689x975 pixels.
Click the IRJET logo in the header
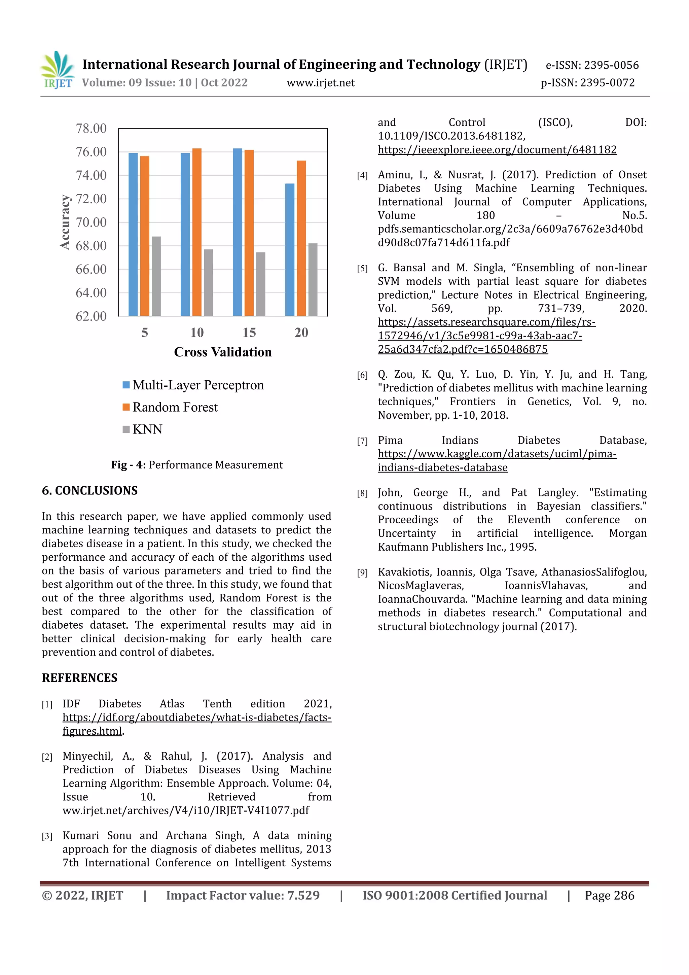[x=58, y=70]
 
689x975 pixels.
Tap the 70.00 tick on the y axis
[x=91, y=222]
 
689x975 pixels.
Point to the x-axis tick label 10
[x=196, y=333]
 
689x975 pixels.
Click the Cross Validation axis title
[x=222, y=352]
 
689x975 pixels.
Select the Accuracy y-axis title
[x=65, y=222]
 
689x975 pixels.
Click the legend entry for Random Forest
[x=175, y=407]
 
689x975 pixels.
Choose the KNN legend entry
[x=147, y=429]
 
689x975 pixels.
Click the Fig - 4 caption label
[x=128, y=465]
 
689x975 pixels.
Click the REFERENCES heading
[x=79, y=678]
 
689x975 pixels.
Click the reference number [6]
[x=362, y=375]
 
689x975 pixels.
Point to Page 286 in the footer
[x=609, y=896]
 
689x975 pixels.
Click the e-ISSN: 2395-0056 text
[x=592, y=65]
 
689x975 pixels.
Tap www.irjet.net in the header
[x=321, y=83]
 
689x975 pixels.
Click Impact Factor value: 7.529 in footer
[x=243, y=896]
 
